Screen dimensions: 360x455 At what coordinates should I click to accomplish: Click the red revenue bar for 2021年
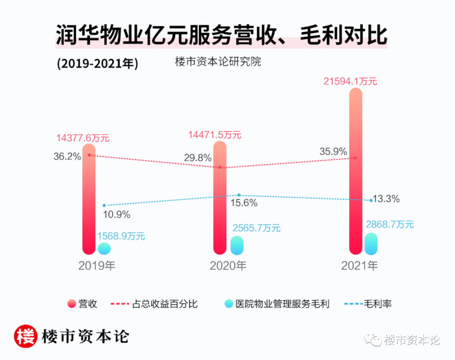356,177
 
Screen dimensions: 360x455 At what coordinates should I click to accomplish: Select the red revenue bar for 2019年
89,202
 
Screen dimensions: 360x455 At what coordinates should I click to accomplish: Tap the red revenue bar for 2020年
220,202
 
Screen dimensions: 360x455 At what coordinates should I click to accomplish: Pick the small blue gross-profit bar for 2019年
104,248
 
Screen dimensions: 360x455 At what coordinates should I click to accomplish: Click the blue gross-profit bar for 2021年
371,244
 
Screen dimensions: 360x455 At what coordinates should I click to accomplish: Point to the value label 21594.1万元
350,81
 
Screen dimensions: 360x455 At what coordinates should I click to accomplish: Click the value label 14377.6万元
83,138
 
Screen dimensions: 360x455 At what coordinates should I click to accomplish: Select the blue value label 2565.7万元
256,228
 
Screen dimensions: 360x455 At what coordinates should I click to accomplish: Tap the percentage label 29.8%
198,158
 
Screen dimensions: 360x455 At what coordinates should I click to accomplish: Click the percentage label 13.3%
386,199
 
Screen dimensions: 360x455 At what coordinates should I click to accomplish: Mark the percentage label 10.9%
117,214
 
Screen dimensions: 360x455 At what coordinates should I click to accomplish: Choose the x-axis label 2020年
228,266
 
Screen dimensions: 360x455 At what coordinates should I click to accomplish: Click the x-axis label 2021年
359,266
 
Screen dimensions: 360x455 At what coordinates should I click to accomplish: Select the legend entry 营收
83,304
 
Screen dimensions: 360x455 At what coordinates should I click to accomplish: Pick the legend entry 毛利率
368,304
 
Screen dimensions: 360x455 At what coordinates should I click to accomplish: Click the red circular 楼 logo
26,336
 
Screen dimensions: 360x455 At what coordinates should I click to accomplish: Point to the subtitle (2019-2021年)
97,64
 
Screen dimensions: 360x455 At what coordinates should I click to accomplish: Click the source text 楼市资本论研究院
218,61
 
